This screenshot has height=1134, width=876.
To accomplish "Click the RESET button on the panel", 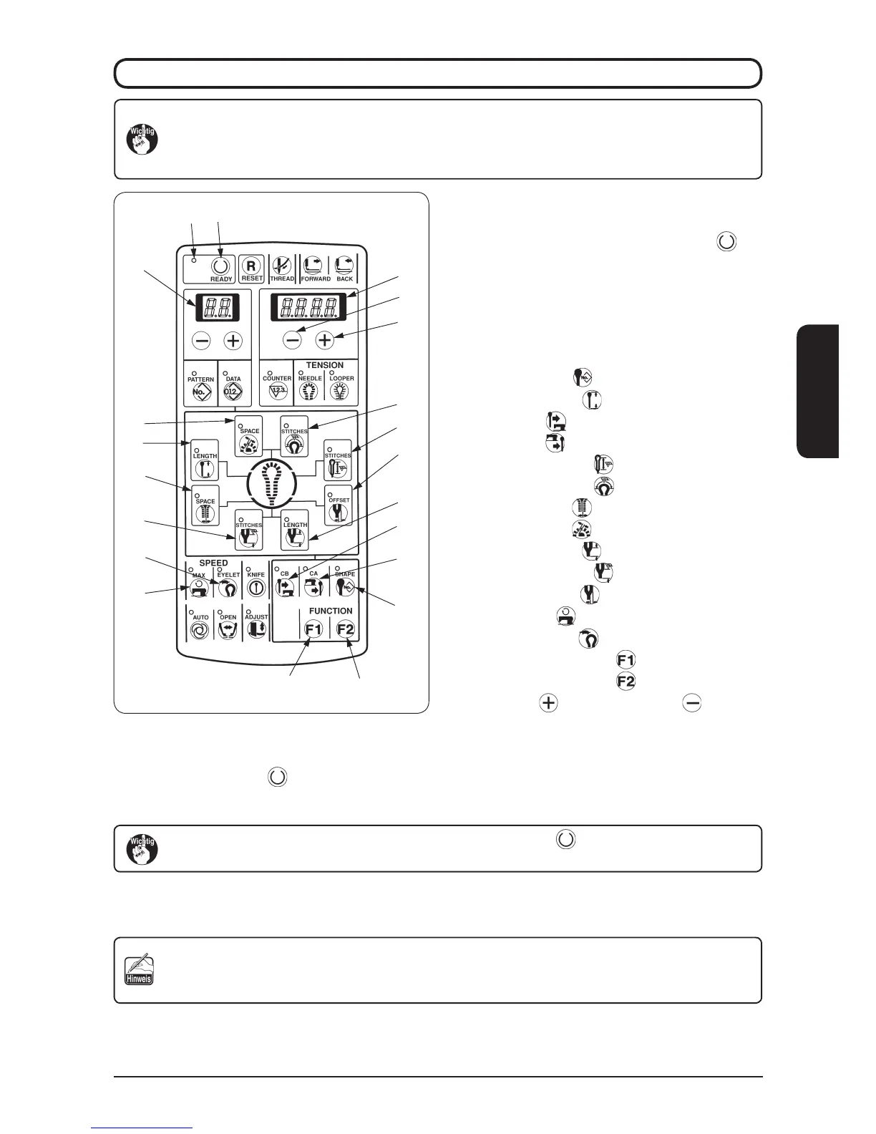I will [251, 266].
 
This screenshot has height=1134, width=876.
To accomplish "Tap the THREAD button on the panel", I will [283, 266].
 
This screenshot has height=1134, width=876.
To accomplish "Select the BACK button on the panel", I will [344, 266].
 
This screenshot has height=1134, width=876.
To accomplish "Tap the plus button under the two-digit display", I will [233, 341].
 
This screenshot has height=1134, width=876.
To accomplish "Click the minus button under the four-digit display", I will [292, 341].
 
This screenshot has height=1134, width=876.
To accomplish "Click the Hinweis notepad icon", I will [138, 969].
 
